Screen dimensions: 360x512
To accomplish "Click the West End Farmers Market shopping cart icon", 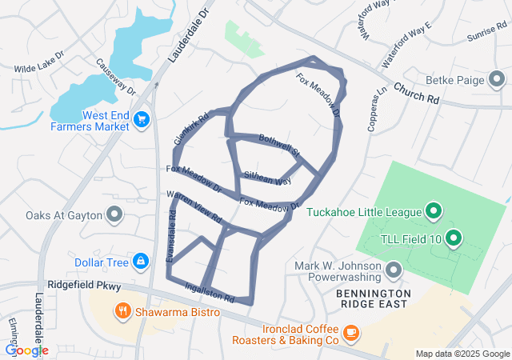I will [142, 120].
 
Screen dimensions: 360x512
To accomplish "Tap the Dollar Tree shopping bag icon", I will [140, 261].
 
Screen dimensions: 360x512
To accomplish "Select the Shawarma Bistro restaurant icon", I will [122, 310].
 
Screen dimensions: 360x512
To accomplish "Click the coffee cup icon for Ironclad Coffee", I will [351, 332].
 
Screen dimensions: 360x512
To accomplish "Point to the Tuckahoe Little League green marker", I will [434, 211].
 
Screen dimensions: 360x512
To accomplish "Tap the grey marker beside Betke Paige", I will [497, 78].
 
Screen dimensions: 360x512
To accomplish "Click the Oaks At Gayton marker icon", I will [114, 214].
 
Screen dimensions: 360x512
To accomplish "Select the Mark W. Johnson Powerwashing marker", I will [392, 271].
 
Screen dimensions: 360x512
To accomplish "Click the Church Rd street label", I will [417, 94].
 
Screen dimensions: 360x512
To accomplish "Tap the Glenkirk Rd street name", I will [190, 129].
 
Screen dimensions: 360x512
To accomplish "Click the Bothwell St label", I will [279, 146].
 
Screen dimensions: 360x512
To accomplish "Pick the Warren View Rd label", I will [193, 206].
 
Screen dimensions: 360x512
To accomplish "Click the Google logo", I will [26, 350].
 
